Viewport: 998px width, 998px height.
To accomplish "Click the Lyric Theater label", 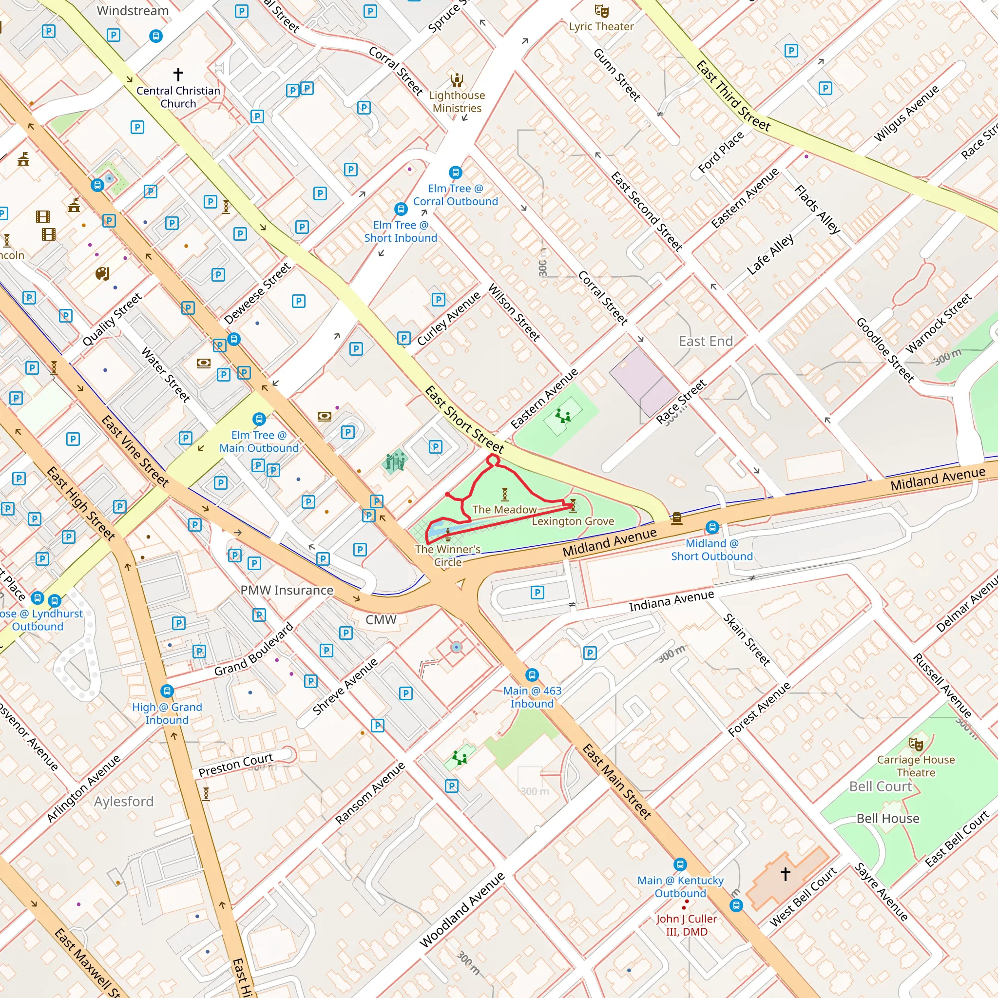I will [x=601, y=26].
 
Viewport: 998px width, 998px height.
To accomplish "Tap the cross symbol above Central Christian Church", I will [x=178, y=74].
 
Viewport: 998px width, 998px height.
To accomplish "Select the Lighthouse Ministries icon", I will [x=457, y=80].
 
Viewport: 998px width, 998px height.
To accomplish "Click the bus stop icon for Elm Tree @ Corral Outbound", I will [x=455, y=172].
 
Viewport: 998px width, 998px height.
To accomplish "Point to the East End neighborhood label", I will [x=706, y=342].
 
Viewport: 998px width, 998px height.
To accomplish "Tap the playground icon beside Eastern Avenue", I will [x=562, y=415].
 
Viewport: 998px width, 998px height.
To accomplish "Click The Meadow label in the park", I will [x=504, y=510].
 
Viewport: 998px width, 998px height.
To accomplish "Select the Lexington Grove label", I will [x=573, y=521].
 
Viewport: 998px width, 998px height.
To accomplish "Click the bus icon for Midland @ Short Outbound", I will [x=712, y=527].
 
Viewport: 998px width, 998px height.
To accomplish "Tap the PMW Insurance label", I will [x=287, y=590].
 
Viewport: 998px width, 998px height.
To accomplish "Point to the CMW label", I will [x=381, y=620].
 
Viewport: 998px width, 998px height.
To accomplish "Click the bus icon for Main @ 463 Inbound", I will [x=532, y=675].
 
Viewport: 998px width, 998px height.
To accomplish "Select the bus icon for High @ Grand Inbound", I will [x=166, y=691].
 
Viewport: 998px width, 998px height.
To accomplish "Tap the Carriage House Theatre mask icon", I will [x=916, y=745].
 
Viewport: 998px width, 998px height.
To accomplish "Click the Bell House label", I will [x=887, y=819].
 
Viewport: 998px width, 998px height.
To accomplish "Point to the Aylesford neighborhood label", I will [x=124, y=802].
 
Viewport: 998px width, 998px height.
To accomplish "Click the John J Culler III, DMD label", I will [x=686, y=925].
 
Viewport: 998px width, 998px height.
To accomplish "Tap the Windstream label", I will [x=133, y=11].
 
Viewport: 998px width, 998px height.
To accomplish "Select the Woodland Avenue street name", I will [x=462, y=910].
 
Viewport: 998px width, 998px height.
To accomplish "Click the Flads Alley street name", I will [x=817, y=209].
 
